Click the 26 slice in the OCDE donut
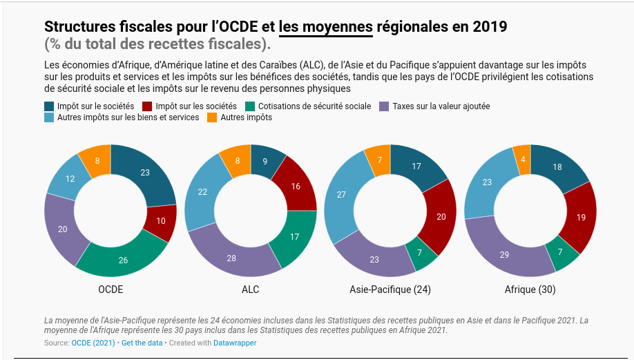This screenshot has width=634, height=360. click(123, 260)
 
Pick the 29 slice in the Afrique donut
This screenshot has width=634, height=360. click(505, 254)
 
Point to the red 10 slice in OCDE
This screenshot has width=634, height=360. click(161, 221)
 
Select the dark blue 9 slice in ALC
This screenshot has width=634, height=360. click(266, 161)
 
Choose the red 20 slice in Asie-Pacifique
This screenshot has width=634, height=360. click(441, 216)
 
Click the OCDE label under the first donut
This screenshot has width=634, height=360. click(111, 290)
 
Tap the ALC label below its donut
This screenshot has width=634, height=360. click(251, 290)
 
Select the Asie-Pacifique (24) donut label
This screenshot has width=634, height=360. click(390, 290)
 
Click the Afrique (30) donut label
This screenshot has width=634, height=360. click(530, 290)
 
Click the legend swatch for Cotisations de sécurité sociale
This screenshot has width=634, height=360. click(250, 106)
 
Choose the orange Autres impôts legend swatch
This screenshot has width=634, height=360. click(213, 117)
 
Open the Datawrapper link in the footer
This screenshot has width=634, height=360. click(235, 343)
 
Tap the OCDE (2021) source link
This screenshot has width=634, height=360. click(93, 343)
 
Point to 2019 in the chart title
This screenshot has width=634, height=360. click(490, 27)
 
